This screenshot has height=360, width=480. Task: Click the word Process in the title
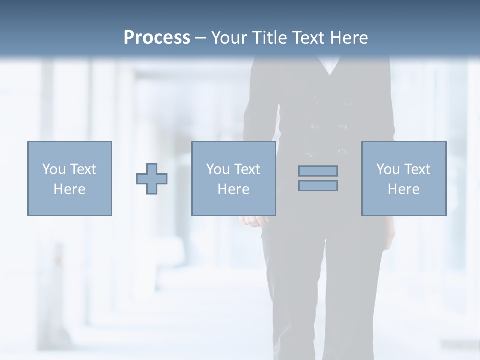pos(157,38)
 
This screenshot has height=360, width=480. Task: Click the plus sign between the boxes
pos(152,179)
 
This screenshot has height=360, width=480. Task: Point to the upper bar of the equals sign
pos(318,171)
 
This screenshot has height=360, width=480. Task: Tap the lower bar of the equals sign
pos(318,185)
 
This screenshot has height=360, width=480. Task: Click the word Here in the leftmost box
pos(69,189)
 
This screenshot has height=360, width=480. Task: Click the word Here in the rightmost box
pos(403,189)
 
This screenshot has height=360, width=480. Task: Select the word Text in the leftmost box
pos(84,169)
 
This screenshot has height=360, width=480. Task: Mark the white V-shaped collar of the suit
pos(329,65)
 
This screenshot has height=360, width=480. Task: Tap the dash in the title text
pos(200,38)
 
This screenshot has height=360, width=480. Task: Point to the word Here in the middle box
pos(233,189)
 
